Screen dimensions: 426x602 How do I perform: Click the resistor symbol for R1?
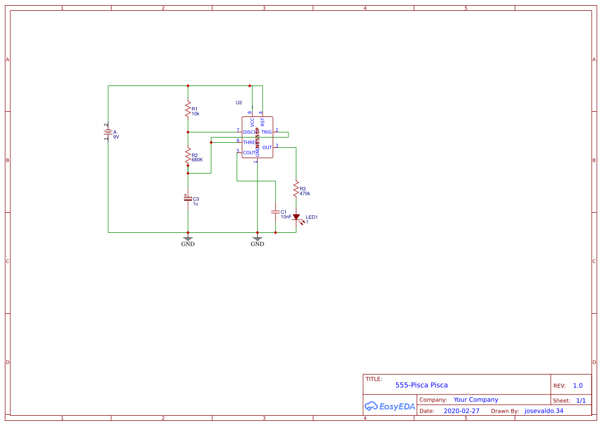188,109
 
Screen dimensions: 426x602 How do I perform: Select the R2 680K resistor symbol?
188,157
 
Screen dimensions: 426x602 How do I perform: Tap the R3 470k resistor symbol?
296,189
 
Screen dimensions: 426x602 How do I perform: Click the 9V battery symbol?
108,132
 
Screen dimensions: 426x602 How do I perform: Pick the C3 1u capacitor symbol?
188,198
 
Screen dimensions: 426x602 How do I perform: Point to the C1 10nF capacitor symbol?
276,212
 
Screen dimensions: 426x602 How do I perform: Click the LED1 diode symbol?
296,217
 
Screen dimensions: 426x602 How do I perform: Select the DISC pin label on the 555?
249,132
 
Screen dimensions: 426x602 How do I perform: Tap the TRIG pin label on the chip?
266,132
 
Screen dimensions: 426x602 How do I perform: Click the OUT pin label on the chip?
267,148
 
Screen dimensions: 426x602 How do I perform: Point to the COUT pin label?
249,153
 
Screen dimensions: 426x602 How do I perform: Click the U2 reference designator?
239,103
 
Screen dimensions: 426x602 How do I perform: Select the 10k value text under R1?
195,113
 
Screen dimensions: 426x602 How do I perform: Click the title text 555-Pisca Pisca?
421,385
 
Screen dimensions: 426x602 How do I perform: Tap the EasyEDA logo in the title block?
389,406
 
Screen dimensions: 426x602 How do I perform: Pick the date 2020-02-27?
461,411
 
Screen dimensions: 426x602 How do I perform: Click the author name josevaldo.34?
544,411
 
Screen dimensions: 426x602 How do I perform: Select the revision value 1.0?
578,385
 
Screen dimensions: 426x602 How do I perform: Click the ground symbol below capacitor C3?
188,240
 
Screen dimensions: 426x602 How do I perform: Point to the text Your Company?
476,400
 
